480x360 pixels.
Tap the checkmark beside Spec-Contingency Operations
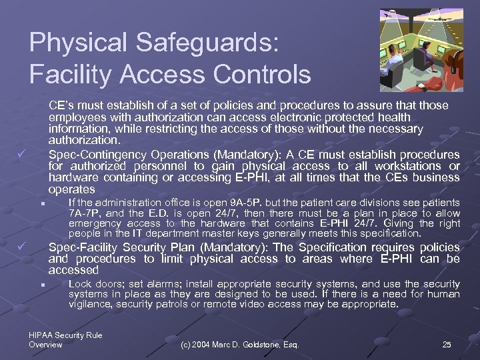click(22, 155)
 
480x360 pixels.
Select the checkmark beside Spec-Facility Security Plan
click(22, 248)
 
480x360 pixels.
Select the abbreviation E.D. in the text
click(161, 213)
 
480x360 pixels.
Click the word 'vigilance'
click(89, 303)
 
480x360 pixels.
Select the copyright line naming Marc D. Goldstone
click(240, 344)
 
